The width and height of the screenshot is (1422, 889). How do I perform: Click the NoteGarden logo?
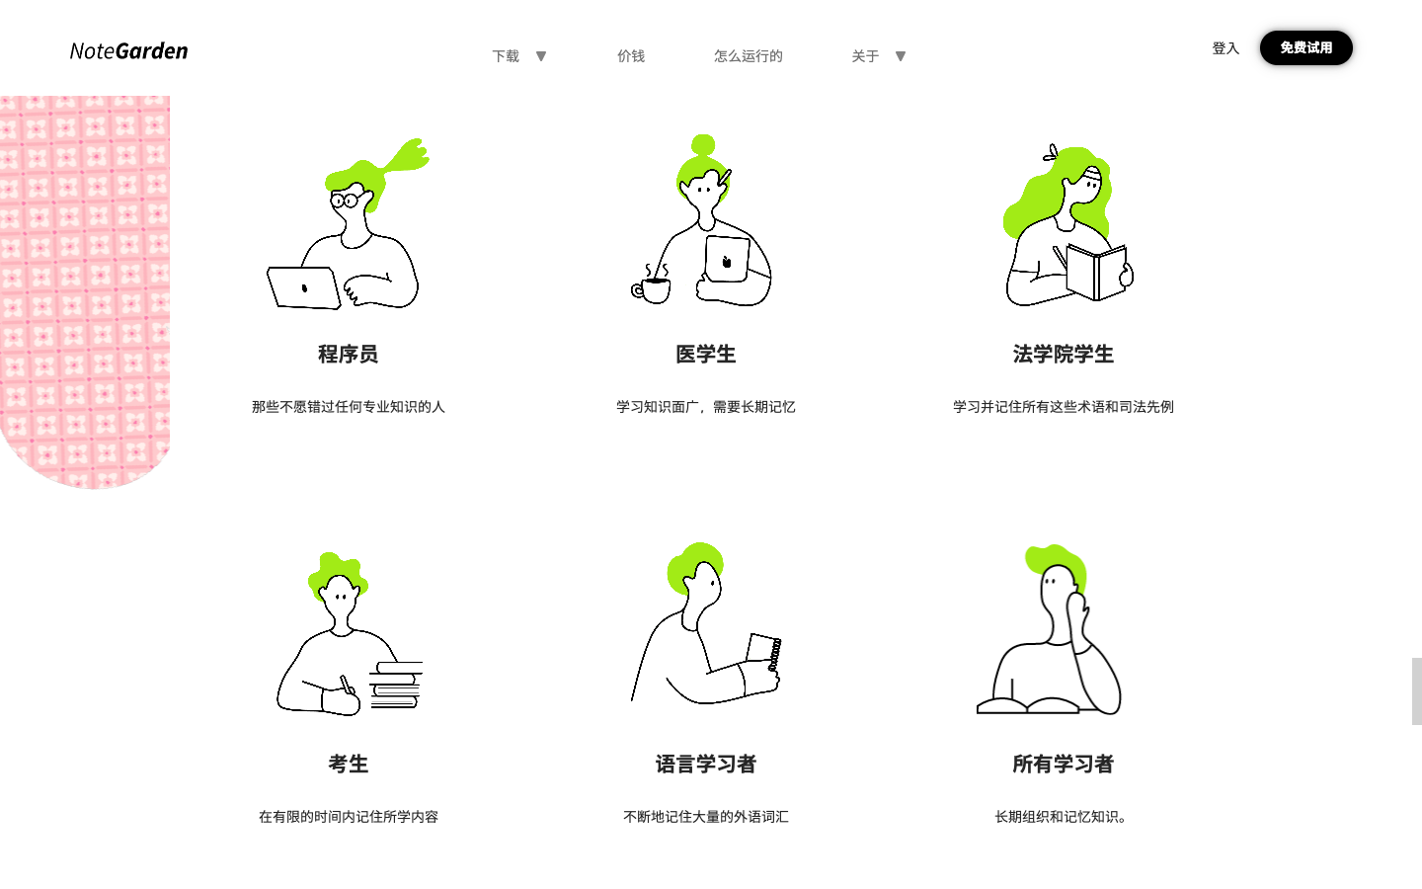point(128,51)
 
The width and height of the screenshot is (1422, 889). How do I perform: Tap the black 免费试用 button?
point(1305,47)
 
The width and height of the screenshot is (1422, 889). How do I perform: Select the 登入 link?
point(1224,48)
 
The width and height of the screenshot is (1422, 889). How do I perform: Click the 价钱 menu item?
point(631,56)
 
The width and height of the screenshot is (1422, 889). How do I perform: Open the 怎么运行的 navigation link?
point(748,56)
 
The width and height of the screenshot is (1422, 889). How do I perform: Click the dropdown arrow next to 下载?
point(541,56)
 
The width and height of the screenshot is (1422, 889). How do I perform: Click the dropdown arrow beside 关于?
point(901,56)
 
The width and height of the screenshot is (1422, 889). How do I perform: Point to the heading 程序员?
point(348,354)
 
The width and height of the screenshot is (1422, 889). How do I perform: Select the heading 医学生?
point(705,354)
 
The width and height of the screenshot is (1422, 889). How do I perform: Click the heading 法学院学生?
point(1063,354)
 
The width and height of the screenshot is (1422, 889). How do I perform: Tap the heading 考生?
point(348,764)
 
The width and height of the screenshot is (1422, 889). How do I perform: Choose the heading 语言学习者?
point(705,764)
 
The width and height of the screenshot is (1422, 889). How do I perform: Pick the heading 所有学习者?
point(1063,764)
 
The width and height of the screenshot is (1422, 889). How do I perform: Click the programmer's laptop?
point(303,288)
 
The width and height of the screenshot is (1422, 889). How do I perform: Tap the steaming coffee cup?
point(654,288)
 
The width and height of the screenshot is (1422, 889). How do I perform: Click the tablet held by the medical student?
point(727,260)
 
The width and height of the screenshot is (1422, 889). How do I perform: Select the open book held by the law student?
point(1096,271)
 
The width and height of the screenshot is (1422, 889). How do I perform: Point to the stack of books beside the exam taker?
point(397,685)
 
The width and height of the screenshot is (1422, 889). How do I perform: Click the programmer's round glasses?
point(344,201)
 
